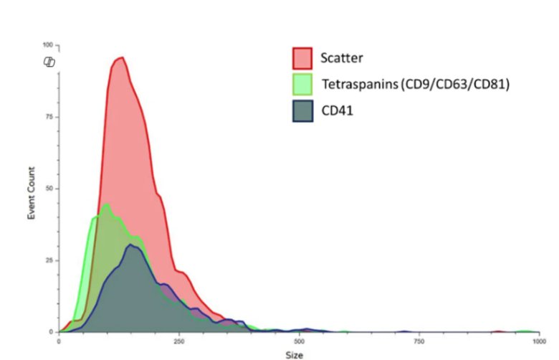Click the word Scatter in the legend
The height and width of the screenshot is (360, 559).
click(x=342, y=57)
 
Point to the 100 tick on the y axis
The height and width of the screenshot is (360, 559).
click(x=47, y=45)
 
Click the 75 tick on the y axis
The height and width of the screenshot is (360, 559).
click(x=48, y=117)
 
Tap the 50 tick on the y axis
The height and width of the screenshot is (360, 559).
click(x=48, y=189)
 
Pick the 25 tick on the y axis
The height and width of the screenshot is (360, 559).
click(x=48, y=260)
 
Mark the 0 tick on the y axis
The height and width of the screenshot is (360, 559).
click(x=50, y=332)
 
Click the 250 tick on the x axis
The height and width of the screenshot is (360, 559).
click(x=178, y=341)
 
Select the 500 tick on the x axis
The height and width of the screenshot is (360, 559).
click(x=298, y=341)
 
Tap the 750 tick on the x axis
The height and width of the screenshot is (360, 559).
click(x=418, y=341)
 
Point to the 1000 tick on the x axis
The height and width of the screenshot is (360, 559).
click(x=536, y=341)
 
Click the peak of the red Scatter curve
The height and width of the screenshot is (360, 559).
click(x=120, y=57)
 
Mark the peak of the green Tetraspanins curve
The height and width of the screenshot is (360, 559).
click(x=106, y=204)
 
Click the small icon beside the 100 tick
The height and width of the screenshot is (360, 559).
click(x=49, y=62)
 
